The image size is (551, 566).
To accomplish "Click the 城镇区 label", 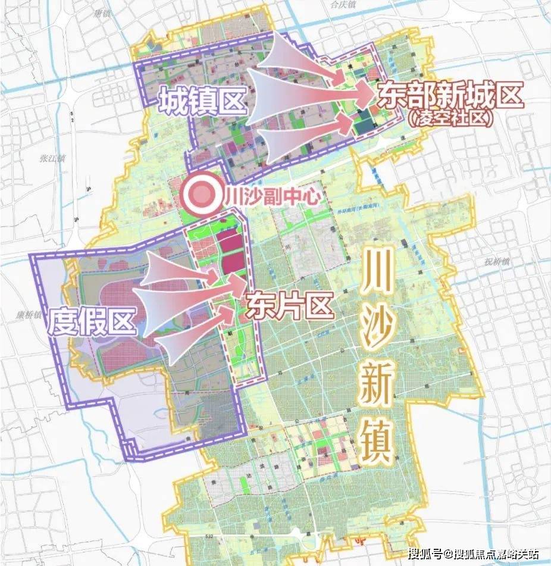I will point(202,101).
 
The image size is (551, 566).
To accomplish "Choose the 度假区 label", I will point(92,322).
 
